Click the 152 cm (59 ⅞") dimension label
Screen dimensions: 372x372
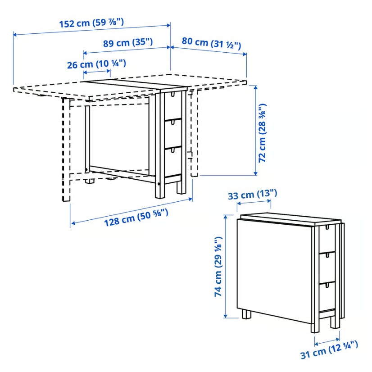(91, 23)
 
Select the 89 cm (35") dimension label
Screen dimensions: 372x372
(128, 43)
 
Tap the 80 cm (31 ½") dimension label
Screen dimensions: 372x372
(211, 43)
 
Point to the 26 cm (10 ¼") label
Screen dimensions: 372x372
(96, 64)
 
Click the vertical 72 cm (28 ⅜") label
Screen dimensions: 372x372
(263, 133)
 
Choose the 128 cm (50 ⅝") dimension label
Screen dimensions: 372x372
(136, 217)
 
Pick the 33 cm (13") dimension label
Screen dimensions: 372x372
(252, 195)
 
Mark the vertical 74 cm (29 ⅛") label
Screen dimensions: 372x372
(218, 267)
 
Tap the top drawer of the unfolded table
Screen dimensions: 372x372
(173, 105)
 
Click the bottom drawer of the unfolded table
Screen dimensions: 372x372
(173, 162)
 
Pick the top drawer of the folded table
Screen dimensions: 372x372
(327, 239)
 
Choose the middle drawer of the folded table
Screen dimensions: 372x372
(327, 267)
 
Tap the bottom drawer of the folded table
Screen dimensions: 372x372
(327, 296)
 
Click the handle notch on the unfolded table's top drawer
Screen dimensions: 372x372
(173, 94)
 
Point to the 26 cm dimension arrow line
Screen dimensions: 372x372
(97, 71)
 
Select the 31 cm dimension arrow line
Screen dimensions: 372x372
(327, 342)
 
